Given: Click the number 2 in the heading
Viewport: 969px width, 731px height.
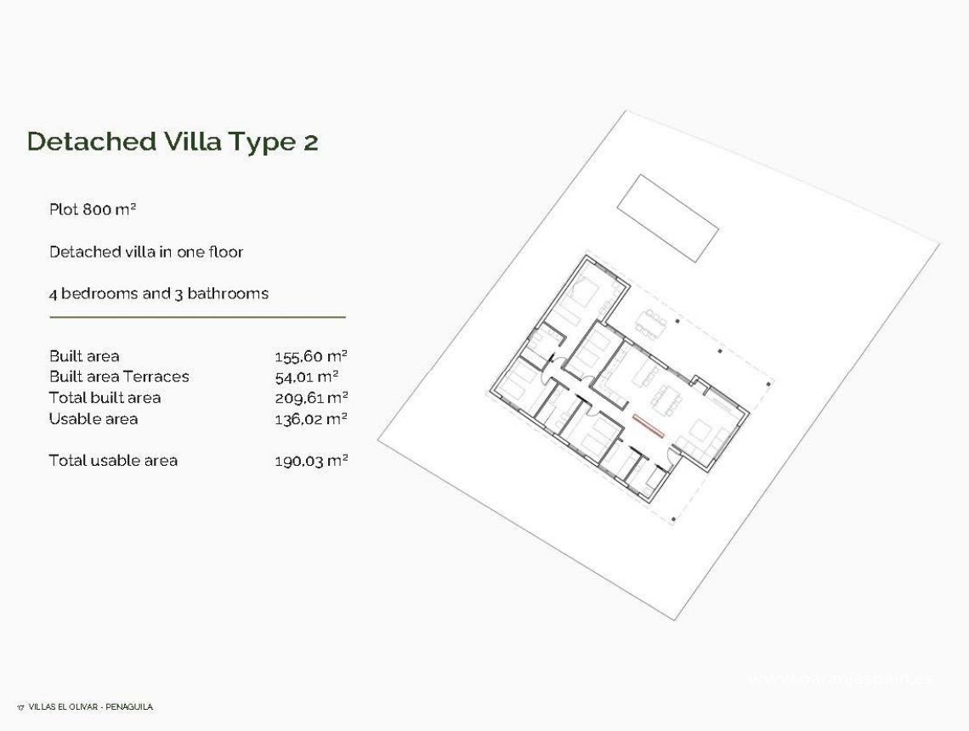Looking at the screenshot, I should [310, 142].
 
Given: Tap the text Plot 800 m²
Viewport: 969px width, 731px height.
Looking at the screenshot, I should [93, 209].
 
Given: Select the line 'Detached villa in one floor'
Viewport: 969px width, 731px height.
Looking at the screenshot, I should [146, 252].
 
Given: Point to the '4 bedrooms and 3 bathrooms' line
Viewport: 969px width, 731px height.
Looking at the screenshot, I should [159, 293].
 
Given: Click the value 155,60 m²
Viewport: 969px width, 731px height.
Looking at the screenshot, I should [311, 356].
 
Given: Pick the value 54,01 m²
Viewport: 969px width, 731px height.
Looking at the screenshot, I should [306, 377].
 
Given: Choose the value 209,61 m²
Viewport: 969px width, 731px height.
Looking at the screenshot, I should [311, 398].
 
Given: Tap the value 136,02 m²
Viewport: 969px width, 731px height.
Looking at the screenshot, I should [311, 418].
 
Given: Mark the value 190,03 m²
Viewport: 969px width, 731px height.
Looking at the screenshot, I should [311, 461].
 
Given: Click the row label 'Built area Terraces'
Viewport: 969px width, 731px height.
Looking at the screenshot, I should [119, 377].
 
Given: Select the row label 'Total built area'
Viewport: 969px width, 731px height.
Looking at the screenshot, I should [105, 398].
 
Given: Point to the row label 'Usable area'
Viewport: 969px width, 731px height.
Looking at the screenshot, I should [93, 418].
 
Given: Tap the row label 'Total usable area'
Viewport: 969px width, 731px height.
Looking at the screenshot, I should [113, 461].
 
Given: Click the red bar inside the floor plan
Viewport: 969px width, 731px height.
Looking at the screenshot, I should [648, 423].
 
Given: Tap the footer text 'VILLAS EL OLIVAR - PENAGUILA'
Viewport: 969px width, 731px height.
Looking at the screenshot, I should [90, 706].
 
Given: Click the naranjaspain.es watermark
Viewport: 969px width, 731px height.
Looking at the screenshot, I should [840, 678].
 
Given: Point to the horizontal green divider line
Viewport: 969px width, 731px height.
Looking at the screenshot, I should [197, 317].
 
